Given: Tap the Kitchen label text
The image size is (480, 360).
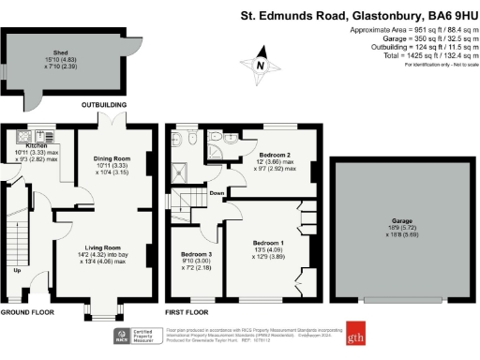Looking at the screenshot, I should tap(36, 146).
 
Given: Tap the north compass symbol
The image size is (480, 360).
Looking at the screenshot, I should tap(261, 65).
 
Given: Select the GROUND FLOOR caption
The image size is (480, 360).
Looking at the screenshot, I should tap(29, 311).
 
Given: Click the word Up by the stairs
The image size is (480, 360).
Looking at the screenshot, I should tap(17, 272).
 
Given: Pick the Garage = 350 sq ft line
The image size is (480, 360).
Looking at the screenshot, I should tap(412, 39).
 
